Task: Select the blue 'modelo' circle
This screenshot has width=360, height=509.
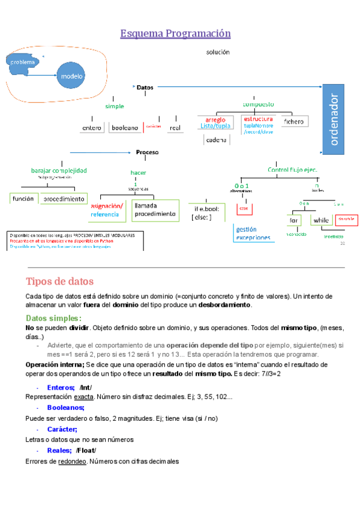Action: coord(71,76)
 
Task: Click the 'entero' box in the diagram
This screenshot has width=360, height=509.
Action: coord(92,127)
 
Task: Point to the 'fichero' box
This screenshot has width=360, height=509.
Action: coord(293,121)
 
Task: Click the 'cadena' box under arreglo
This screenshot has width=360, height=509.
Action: coord(216,140)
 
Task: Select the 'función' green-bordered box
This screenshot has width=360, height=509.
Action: coord(24,198)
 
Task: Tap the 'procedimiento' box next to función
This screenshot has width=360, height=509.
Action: coord(63,198)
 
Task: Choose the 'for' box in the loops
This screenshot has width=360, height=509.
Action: coord(294,220)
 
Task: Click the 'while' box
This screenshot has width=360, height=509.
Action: coord(321,220)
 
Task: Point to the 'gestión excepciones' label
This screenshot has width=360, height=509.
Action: coord(253,233)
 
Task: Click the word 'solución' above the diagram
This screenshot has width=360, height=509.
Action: coord(218,52)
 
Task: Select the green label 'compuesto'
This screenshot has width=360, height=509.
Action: coord(258,104)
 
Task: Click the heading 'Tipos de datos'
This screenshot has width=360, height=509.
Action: coord(59,282)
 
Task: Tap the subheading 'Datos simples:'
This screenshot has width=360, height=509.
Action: coord(54,318)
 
